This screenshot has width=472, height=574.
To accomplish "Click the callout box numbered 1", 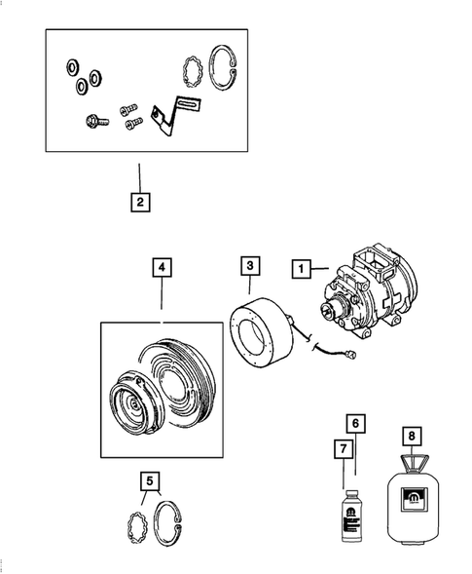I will tap(303, 266).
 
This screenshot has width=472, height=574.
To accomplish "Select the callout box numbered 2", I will tap(140, 203).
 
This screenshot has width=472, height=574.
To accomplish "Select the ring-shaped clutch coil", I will tap(258, 333).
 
